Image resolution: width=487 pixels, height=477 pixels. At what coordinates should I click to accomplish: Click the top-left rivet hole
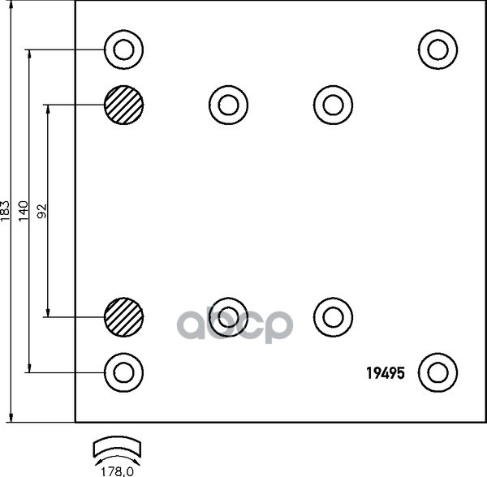(123, 50)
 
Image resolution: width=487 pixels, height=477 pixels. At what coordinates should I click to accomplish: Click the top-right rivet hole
(438, 49)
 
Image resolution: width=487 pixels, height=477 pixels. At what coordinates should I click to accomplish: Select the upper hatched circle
(123, 105)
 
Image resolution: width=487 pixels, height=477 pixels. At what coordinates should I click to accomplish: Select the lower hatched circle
(123, 316)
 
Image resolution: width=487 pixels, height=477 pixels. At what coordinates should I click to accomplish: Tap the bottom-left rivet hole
(123, 372)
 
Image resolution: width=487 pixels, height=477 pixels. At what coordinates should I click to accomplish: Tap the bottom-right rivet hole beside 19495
(438, 372)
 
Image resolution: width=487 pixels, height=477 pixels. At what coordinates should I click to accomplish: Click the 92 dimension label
(42, 211)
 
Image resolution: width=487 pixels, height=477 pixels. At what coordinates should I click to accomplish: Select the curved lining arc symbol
(118, 447)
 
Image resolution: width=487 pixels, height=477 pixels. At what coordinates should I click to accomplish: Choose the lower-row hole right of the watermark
(333, 316)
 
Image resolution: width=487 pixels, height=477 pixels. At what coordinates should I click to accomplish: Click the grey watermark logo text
(235, 324)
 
